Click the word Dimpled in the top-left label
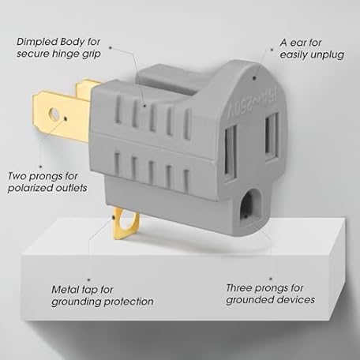(37, 42)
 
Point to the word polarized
(31, 188)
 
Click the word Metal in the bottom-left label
(64, 290)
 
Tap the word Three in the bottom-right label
(238, 288)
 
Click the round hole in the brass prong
(54, 114)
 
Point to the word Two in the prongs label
(17, 176)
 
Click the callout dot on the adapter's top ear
(254, 77)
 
